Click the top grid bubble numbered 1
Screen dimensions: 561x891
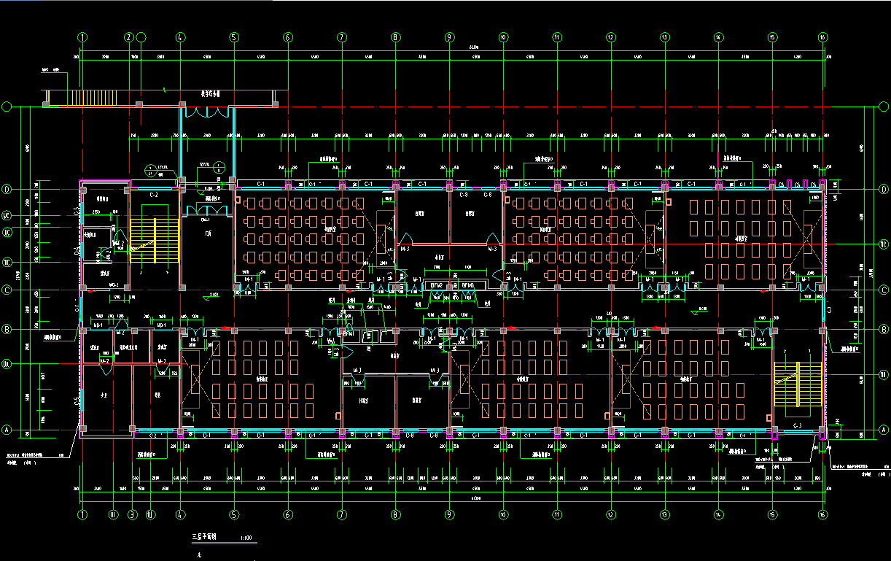[x=82, y=37]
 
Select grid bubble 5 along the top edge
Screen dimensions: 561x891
[x=234, y=37]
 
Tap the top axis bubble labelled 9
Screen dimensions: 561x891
[x=449, y=37]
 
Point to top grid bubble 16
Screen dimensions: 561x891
[x=822, y=37]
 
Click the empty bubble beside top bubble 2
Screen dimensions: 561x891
[x=141, y=37]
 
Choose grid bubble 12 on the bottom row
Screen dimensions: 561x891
[x=610, y=514]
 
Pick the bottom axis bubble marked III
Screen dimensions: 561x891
[x=113, y=514]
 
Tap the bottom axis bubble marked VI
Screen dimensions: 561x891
[x=150, y=514]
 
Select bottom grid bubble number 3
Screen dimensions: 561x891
[x=132, y=514]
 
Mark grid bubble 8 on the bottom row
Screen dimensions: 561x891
[x=395, y=514]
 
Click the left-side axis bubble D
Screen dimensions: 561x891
[x=7, y=190]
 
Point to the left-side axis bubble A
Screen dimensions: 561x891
[x=7, y=430]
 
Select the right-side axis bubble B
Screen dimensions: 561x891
[x=884, y=330]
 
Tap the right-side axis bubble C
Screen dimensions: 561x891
[x=884, y=290]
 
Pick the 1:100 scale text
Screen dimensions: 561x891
[x=246, y=538]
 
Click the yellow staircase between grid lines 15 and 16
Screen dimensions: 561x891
[x=798, y=384]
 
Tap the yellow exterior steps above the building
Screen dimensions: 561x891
[x=93, y=98]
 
